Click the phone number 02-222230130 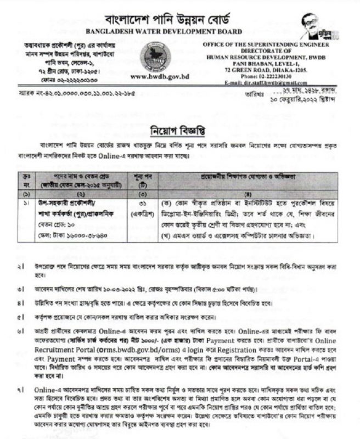point(258,76)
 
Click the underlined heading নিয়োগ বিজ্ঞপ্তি point(180,132)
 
